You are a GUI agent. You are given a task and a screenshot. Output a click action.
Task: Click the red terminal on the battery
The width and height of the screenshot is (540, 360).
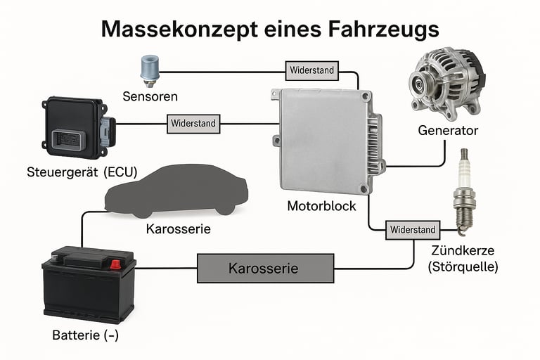pyautogui.click(x=115, y=264)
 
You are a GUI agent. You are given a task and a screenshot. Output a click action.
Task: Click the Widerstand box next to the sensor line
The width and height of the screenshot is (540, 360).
pyautogui.click(x=312, y=70)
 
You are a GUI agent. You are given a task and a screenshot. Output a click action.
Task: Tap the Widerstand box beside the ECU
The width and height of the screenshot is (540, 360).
pyautogui.click(x=193, y=124)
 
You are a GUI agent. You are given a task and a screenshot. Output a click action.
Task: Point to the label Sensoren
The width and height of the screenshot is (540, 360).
pyautogui.click(x=150, y=96)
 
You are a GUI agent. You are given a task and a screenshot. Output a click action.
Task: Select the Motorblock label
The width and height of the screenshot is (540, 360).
pyautogui.click(x=322, y=207)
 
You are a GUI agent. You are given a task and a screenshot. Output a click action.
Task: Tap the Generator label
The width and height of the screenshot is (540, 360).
pyautogui.click(x=448, y=131)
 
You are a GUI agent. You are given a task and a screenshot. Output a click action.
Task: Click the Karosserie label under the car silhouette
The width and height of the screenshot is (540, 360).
pyautogui.click(x=179, y=230)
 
